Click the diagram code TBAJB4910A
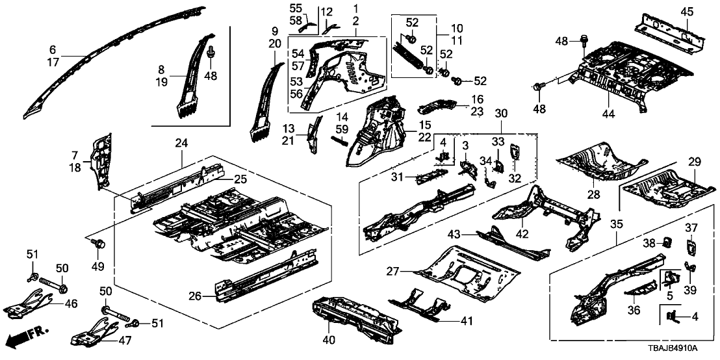point(680,350)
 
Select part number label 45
point(687,11)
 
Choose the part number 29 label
point(694,161)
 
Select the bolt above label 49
point(99,244)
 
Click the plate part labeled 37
point(691,248)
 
